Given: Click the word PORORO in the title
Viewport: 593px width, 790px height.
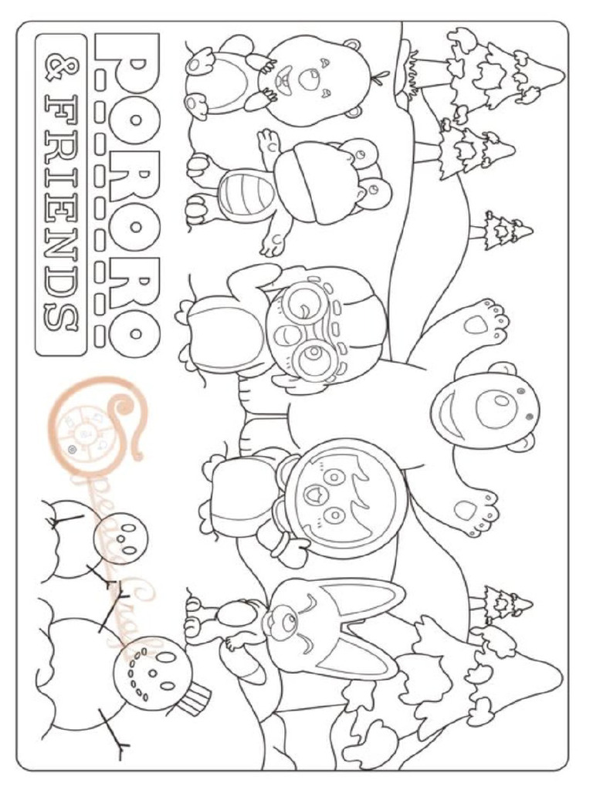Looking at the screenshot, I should pyautogui.click(x=127, y=189).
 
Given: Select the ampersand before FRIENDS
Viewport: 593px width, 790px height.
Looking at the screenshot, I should pyautogui.click(x=60, y=66).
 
